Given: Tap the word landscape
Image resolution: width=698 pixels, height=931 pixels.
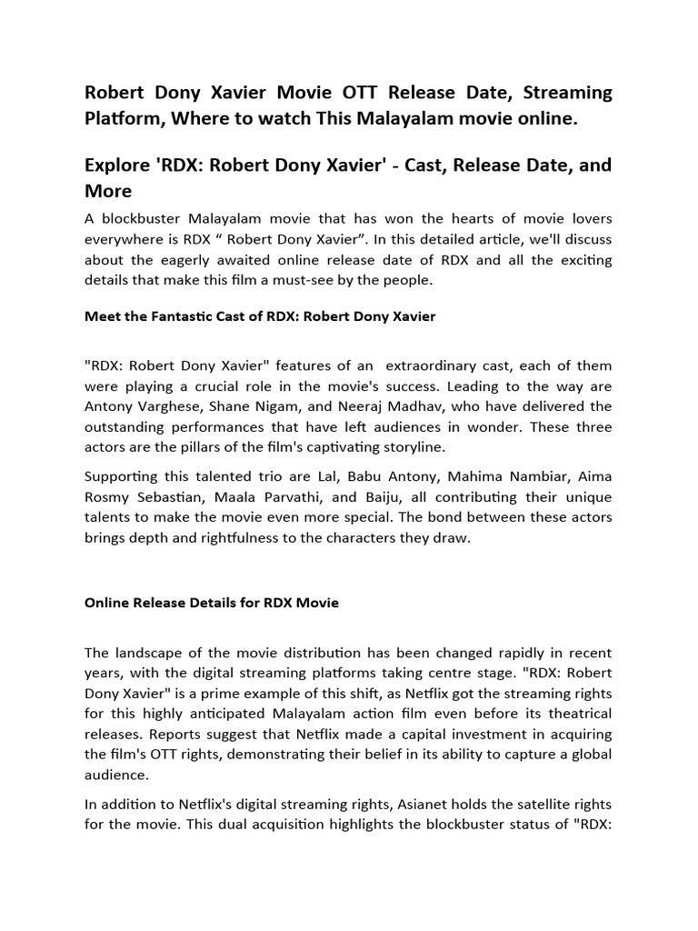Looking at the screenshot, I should (149, 653).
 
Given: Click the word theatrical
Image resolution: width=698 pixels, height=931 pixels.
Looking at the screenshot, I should (574, 714).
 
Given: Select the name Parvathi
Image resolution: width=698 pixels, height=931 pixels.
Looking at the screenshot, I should (291, 497).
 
